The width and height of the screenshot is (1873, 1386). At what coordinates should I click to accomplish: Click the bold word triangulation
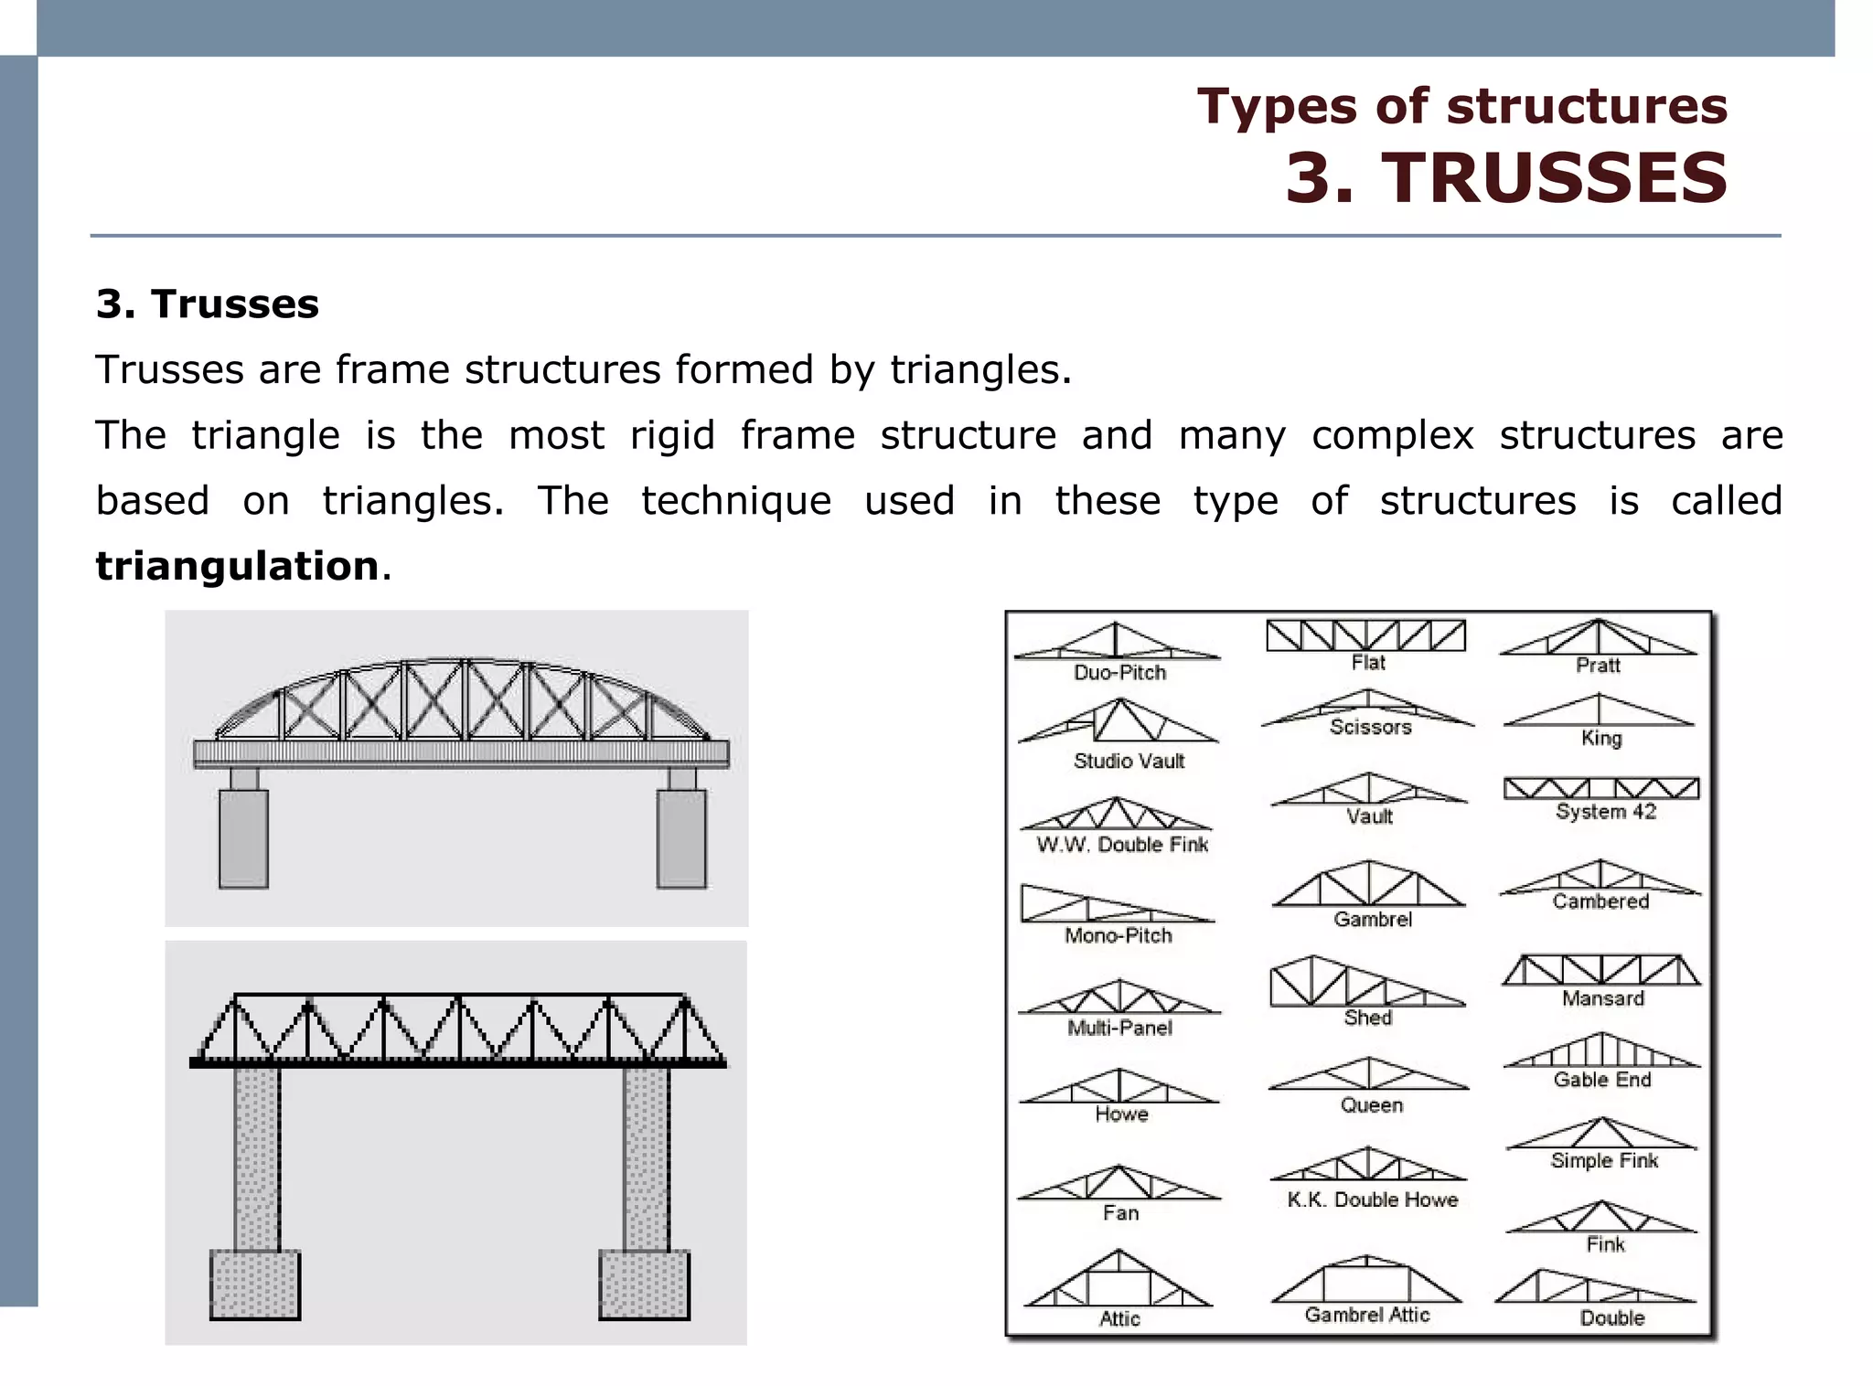pos(237,566)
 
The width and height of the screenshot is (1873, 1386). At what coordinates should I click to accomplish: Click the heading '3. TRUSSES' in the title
pos(1506,178)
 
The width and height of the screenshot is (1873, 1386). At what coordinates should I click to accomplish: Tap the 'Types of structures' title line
pos(1461,106)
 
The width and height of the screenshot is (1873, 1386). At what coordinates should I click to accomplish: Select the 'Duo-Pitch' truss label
pos(1119,673)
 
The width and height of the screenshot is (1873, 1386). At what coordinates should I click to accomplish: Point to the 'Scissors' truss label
pos(1370,727)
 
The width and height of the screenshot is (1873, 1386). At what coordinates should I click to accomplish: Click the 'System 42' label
pos(1605,812)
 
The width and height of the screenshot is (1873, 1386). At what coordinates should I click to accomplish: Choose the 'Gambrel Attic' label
pos(1366,1315)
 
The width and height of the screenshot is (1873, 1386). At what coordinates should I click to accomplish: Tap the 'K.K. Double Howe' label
pos(1372,1199)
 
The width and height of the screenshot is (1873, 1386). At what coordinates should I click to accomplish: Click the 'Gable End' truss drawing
pos(1602,1050)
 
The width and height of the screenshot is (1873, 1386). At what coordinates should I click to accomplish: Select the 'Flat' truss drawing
pos(1365,634)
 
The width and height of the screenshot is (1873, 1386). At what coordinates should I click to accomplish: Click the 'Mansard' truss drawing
pos(1601,970)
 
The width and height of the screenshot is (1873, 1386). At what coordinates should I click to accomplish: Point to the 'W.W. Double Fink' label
pos(1122,845)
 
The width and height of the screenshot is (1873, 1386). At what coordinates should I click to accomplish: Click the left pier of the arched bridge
pos(243,837)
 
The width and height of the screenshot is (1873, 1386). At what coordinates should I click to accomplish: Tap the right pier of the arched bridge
pos(681,837)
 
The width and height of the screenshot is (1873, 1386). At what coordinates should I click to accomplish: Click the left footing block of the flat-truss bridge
pos(255,1285)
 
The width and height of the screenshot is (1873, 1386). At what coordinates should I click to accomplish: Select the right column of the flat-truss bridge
pos(646,1157)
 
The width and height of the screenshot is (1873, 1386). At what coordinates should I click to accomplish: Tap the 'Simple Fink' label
pos(1604,1161)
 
